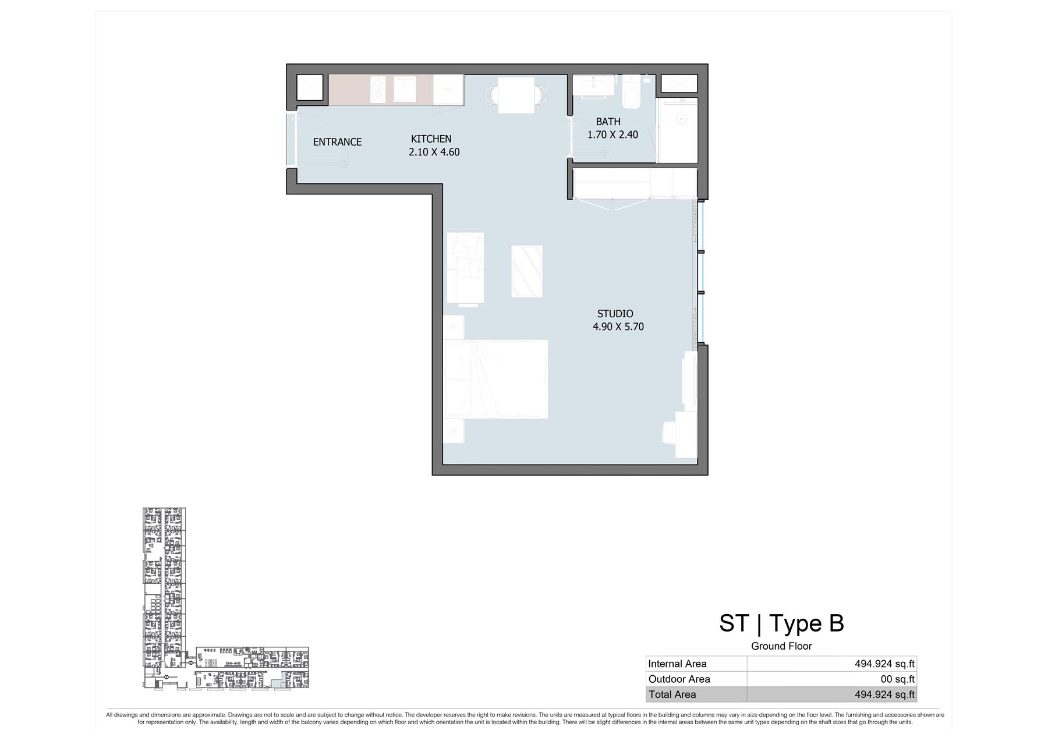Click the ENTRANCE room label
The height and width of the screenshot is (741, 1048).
[x=337, y=142]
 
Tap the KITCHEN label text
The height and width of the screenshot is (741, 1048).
[x=431, y=139]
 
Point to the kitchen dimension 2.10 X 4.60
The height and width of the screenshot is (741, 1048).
[x=434, y=152]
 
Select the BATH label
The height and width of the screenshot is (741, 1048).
[x=608, y=122]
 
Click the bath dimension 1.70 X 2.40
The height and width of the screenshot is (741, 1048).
[x=612, y=134]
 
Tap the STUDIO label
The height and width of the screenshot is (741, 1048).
[x=615, y=314]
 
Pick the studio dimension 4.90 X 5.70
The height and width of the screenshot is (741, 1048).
[x=618, y=327]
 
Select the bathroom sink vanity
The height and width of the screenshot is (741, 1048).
[x=593, y=85]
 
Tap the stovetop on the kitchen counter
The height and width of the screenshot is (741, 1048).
[x=378, y=89]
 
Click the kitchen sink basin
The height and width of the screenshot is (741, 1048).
[x=405, y=89]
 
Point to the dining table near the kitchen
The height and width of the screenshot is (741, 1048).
[x=516, y=95]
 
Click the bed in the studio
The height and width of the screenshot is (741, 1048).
[x=495, y=379]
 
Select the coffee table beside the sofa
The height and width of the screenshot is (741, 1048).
[x=527, y=271]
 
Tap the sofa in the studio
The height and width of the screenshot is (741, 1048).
[x=465, y=268]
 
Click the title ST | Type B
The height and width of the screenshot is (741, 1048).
[x=781, y=623]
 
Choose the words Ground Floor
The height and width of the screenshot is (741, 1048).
[x=781, y=646]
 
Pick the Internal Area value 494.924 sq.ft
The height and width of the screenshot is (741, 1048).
[x=884, y=664]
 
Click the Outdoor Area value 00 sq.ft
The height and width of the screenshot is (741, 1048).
[x=898, y=679]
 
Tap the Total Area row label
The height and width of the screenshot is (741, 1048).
[x=672, y=694]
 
